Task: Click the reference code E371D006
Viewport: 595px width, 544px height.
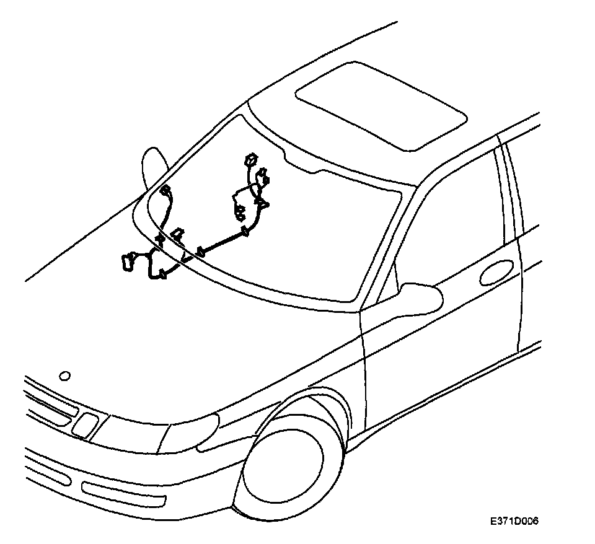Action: pos(514,522)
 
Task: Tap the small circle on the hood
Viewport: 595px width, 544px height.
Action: pos(64,375)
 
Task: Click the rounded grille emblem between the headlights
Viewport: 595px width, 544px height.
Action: pos(85,424)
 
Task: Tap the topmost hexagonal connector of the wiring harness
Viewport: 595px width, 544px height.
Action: pos(250,159)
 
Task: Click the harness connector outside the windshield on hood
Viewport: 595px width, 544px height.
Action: pos(129,261)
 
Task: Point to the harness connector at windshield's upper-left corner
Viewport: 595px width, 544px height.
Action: pos(165,191)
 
